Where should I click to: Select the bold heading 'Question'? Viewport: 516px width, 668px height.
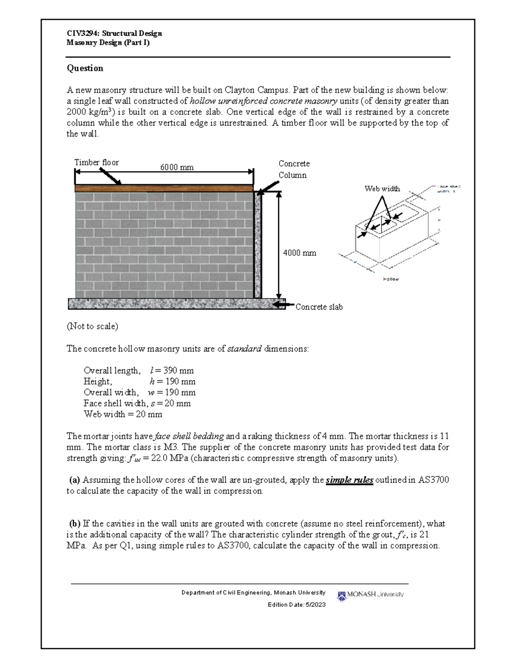[85, 68]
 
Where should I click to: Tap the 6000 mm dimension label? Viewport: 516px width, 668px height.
[177, 167]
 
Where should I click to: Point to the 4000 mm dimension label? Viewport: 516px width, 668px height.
[299, 253]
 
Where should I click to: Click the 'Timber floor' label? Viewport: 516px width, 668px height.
[96, 162]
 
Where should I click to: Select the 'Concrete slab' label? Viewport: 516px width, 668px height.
[319, 307]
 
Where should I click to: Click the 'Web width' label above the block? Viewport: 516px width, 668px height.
[382, 188]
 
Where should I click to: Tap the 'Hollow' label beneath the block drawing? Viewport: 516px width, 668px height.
[391, 279]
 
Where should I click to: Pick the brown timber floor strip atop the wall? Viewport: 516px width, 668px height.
[163, 188]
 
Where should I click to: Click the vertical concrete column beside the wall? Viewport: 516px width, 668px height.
[258, 245]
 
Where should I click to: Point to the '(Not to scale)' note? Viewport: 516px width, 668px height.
[92, 326]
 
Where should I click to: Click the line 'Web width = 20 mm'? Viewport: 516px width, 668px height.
[123, 414]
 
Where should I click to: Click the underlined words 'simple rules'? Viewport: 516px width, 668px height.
[349, 480]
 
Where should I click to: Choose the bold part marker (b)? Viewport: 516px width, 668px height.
[75, 523]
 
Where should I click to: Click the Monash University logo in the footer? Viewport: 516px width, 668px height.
[371, 595]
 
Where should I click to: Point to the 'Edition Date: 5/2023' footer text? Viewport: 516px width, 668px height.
[296, 605]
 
